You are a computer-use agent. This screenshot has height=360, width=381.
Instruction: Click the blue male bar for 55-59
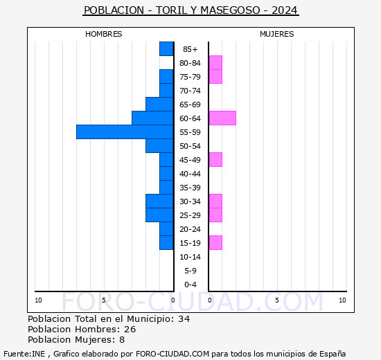click(125, 132)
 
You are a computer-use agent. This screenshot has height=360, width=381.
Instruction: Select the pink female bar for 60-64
click(222, 118)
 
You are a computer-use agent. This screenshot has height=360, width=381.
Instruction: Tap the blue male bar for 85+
click(166, 49)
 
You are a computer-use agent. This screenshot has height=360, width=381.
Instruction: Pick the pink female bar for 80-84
click(215, 63)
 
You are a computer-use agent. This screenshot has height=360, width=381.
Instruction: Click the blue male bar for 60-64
click(152, 118)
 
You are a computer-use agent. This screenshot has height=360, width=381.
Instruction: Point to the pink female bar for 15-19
click(215, 243)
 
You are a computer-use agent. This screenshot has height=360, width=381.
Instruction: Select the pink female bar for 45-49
click(215, 160)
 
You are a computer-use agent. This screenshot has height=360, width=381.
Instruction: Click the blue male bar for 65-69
click(159, 105)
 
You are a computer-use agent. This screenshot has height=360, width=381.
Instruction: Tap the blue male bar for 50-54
click(159, 146)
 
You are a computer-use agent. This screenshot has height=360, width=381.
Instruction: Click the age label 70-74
click(190, 91)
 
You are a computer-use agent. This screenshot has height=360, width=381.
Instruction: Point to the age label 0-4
click(190, 285)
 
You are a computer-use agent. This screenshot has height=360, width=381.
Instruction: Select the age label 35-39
click(190, 188)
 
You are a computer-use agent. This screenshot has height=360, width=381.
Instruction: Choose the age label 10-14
click(190, 257)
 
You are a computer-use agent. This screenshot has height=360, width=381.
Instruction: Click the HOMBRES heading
click(104, 34)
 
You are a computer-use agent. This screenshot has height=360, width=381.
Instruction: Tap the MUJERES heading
click(276, 34)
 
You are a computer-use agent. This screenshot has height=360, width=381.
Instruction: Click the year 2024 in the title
click(285, 10)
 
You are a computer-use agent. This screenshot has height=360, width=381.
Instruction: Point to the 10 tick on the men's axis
click(39, 300)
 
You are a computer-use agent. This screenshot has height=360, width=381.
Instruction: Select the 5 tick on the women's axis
click(276, 300)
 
